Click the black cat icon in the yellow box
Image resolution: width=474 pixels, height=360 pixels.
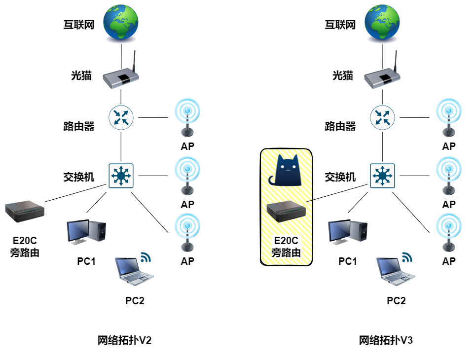(288, 171)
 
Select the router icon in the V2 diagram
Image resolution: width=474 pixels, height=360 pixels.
(121, 117)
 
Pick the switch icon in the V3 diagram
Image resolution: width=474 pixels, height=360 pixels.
(382, 175)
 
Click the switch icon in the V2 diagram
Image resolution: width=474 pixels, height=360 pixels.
(121, 175)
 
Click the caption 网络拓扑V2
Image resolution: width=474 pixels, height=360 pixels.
(124, 341)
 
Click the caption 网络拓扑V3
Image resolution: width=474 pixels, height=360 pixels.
(385, 341)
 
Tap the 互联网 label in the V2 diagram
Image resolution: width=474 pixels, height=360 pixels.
(78, 24)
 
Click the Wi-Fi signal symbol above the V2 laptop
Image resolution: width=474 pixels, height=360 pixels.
(146, 257)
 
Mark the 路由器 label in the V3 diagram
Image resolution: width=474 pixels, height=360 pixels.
(340, 127)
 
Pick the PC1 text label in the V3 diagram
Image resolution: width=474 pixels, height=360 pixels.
(347, 261)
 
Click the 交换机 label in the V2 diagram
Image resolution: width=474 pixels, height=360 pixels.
(78, 177)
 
